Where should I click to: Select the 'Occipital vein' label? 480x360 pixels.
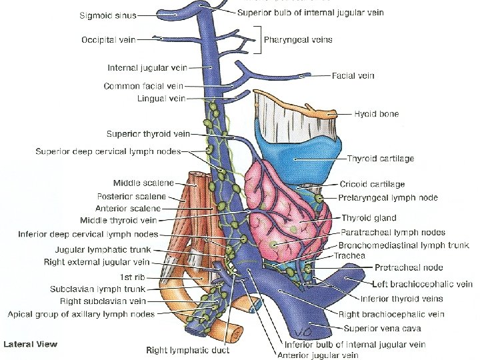109,40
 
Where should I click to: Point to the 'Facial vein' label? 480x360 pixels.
353,76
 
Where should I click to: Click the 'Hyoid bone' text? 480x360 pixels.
377,114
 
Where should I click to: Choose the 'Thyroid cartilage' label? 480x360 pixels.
381,159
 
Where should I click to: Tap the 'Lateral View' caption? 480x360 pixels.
30,344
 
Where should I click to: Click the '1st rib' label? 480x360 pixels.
132,277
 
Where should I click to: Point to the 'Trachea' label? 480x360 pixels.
349,255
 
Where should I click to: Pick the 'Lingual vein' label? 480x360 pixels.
161,99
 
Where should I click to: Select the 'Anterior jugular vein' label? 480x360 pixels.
321,355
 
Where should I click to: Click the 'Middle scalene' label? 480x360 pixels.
144,183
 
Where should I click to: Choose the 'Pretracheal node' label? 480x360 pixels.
399,267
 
